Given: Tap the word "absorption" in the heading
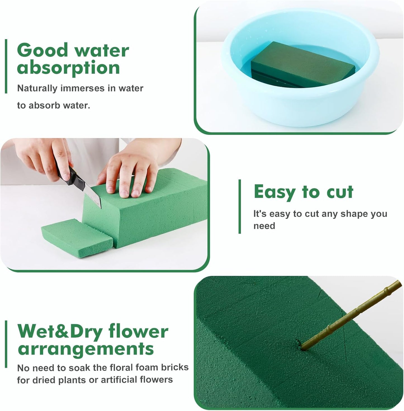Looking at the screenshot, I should point(68,68).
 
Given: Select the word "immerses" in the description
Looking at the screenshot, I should point(82,88).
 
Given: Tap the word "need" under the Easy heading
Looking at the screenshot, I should point(264,226).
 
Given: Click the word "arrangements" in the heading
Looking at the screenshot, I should point(86,349).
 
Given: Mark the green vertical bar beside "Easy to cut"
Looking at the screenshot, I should point(240,206).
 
